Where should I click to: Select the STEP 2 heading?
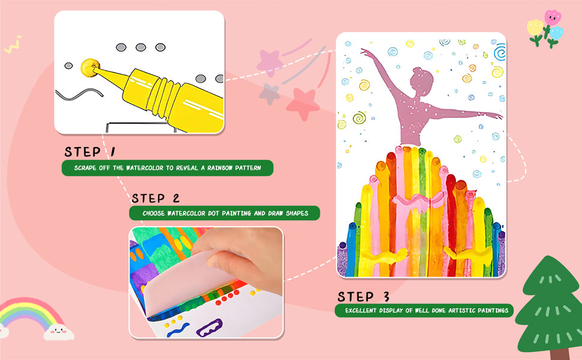pyautogui.click(x=155, y=198)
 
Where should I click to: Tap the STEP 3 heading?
pyautogui.click(x=364, y=296)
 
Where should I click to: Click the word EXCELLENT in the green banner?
pyautogui.click(x=360, y=311)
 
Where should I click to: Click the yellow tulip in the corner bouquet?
pyautogui.click(x=534, y=28)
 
